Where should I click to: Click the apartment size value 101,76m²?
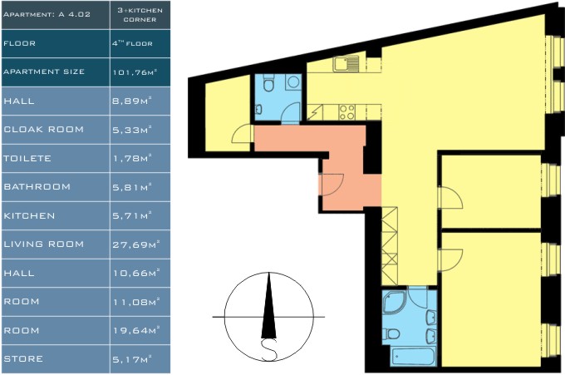tap(135, 72)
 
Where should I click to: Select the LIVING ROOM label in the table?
tap(43, 244)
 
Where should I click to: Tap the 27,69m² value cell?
tap(136, 244)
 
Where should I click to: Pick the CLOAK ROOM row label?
tap(43, 129)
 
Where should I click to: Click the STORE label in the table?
tap(23, 358)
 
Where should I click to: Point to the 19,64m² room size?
tap(136, 330)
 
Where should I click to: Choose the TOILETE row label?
tap(27, 158)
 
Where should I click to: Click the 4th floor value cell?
tap(132, 43)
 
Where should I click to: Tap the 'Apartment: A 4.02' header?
tap(47, 14)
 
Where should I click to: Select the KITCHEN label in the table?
tap(29, 215)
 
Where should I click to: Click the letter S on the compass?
tap(269, 350)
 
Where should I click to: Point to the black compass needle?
tap(268, 306)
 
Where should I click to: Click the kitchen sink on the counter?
tap(346, 64)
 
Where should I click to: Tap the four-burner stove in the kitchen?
tap(347, 112)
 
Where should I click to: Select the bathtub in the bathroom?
tap(413, 356)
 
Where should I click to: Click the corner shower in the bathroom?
tap(394, 302)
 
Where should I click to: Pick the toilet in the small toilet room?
tap(268, 83)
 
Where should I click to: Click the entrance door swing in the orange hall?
tap(332, 185)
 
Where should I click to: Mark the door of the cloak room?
tap(242, 134)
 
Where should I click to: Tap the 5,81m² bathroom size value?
tap(132, 187)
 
